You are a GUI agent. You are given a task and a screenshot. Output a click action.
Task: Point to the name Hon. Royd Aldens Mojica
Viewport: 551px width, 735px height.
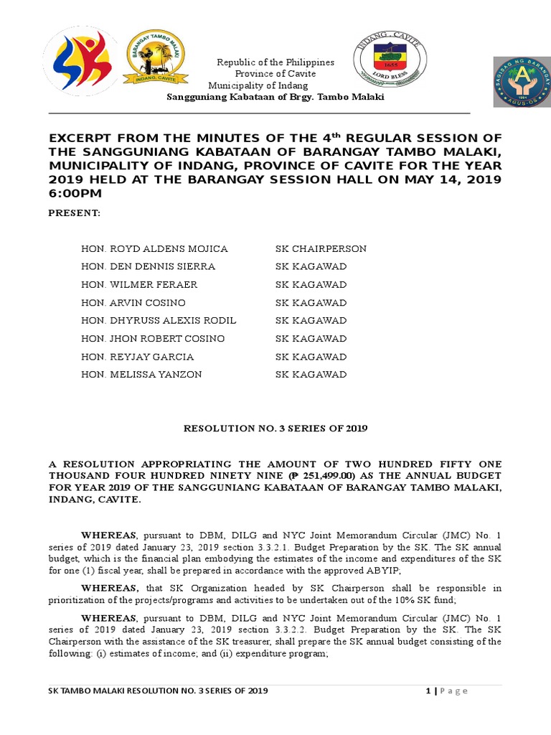pyautogui.click(x=154, y=248)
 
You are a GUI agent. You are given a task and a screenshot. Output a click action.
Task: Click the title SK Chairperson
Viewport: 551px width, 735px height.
pyautogui.click(x=321, y=248)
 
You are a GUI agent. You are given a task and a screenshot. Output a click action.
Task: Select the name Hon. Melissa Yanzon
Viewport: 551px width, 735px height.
pyautogui.click(x=141, y=374)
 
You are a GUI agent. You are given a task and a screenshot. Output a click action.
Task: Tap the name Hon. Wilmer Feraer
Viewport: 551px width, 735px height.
pyautogui.click(x=139, y=284)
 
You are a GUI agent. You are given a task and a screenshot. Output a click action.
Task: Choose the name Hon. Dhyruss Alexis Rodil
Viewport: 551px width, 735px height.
pyautogui.click(x=159, y=320)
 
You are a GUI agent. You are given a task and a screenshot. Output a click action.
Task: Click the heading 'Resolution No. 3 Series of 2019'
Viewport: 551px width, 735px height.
pyautogui.click(x=275, y=429)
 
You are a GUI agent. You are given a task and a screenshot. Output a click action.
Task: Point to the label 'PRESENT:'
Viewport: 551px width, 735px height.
pyautogui.click(x=74, y=214)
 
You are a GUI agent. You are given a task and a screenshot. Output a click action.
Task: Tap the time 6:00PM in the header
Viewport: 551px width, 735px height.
pyautogui.click(x=75, y=193)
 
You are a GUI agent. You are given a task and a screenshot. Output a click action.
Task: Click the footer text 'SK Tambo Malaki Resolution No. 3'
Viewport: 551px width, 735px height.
pyautogui.click(x=158, y=690)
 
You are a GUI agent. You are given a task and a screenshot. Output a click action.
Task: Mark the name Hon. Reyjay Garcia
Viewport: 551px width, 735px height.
pyautogui.click(x=138, y=356)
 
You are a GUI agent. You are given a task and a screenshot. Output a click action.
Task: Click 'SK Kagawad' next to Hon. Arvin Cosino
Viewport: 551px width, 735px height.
pyautogui.click(x=311, y=302)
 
